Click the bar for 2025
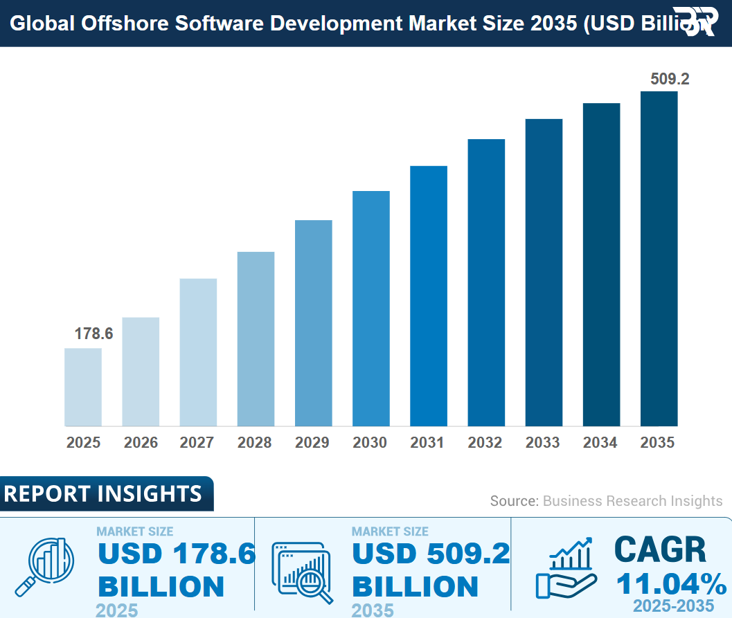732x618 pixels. [83, 387]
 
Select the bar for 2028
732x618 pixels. [256, 338]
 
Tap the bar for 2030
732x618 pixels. [371, 308]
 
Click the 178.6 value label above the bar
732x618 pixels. [93, 334]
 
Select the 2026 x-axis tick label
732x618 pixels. [141, 443]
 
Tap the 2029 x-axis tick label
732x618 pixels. [313, 443]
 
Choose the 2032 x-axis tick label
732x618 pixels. [485, 443]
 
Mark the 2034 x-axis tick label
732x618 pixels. [600, 443]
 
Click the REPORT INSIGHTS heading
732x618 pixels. [103, 493]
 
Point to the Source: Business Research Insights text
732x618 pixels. [606, 501]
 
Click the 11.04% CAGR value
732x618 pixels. [671, 584]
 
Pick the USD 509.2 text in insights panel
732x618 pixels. [431, 554]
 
